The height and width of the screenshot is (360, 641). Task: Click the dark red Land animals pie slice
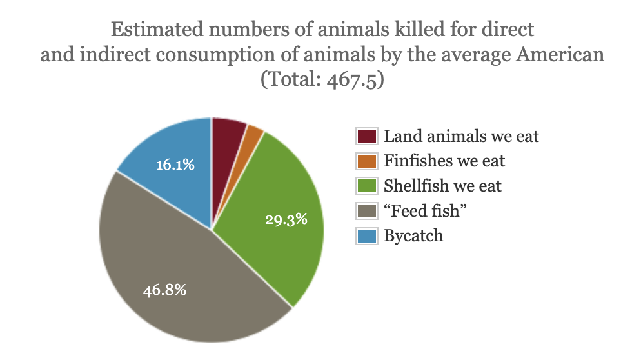(x=227, y=139)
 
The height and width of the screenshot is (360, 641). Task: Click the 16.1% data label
(x=175, y=165)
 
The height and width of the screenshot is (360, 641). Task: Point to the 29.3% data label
(x=286, y=219)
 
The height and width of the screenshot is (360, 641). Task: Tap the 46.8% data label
(x=164, y=290)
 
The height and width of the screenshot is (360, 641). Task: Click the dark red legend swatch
(x=366, y=137)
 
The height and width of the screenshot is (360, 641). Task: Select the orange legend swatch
(x=366, y=161)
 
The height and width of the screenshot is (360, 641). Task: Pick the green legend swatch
(x=366, y=186)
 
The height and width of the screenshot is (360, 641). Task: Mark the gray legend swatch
(x=366, y=211)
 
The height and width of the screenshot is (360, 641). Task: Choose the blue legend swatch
(x=366, y=235)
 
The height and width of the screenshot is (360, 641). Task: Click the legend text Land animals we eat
(x=461, y=136)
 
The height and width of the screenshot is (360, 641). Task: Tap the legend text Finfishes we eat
(x=444, y=161)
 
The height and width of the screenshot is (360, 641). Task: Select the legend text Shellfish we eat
(x=442, y=186)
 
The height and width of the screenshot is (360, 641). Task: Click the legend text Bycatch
(x=413, y=235)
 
